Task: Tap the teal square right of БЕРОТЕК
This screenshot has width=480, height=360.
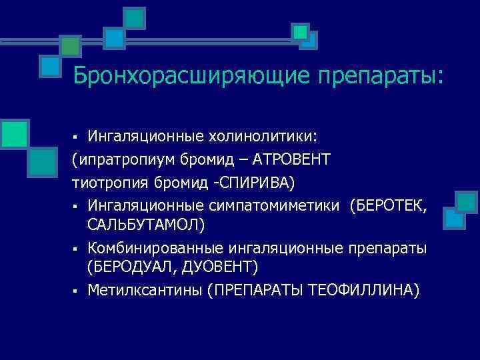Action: point(467,202)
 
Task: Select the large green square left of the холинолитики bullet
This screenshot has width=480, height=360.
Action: point(13,133)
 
